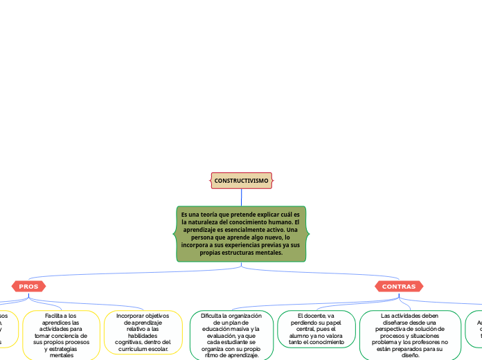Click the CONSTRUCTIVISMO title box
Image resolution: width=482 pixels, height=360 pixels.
[241, 181]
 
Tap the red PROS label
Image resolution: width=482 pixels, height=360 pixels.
[28, 286]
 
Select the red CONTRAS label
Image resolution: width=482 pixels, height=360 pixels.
[399, 286]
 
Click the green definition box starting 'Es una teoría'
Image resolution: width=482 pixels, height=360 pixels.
[240, 234]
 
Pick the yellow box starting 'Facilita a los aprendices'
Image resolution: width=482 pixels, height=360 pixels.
[61, 335]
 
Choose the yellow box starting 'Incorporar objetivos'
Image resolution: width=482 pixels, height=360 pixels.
[143, 332]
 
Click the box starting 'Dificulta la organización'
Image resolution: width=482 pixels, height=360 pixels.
[231, 335]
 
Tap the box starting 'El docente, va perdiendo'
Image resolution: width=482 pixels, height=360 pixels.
[316, 329]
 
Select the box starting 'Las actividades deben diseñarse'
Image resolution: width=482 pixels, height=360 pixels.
[410, 335]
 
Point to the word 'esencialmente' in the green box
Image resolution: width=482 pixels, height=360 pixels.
[240, 230]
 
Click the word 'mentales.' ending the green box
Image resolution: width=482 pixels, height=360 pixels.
[269, 253]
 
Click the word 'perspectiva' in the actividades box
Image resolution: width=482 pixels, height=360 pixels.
[391, 329]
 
